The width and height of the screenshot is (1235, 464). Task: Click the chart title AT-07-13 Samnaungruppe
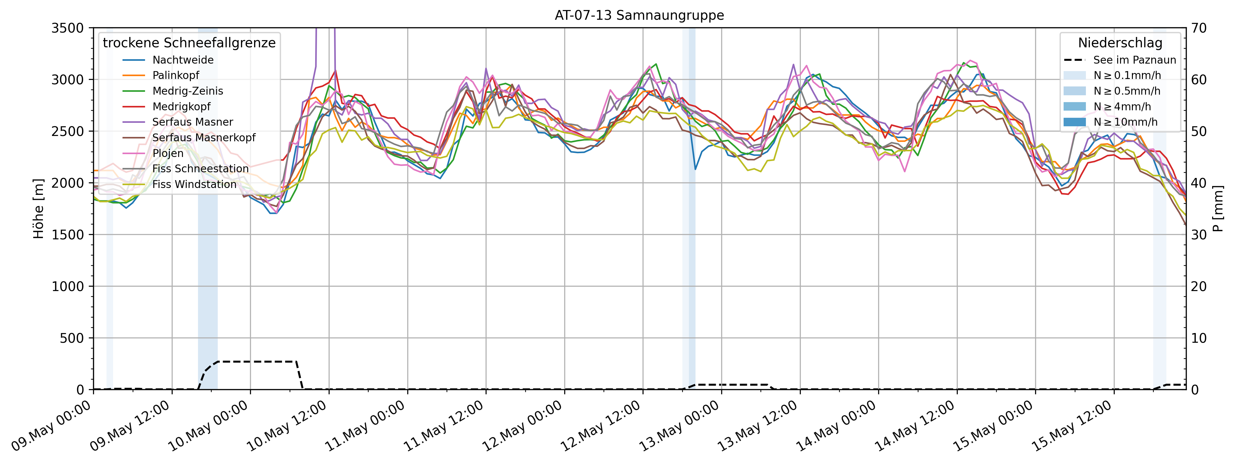[639, 15]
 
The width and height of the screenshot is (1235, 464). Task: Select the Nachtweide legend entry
[183, 60]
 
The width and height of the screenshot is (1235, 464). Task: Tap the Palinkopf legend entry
[175, 75]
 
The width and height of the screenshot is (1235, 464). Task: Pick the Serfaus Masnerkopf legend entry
[204, 138]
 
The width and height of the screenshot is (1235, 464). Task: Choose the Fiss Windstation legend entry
[194, 184]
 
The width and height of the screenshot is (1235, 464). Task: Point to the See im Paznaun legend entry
[1134, 60]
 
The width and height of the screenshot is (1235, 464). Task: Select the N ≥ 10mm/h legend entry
[1125, 122]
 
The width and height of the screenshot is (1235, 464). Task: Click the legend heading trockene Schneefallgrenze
[189, 43]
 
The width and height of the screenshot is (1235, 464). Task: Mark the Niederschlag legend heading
[1120, 43]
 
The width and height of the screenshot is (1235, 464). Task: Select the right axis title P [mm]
[1218, 209]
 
